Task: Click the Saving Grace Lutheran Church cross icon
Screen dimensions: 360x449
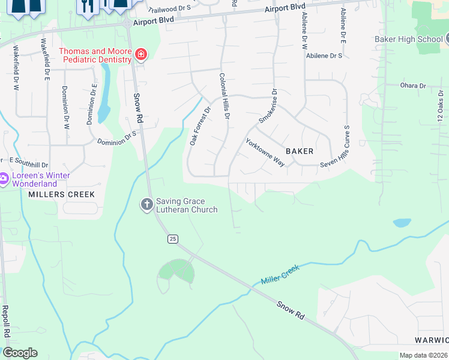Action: click(x=146, y=205)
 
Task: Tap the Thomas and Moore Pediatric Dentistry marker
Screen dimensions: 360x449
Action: click(x=141, y=55)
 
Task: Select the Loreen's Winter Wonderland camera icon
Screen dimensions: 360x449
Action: click(x=3, y=179)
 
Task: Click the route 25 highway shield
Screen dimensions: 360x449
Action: click(x=173, y=239)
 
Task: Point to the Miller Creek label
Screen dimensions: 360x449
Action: click(x=280, y=276)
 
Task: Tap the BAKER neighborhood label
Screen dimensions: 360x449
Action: click(x=300, y=151)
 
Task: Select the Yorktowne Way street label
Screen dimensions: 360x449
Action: click(x=265, y=153)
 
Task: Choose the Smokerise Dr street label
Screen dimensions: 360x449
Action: click(x=268, y=107)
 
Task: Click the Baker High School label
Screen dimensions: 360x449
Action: click(x=409, y=40)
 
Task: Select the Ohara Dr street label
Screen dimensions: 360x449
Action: click(x=412, y=86)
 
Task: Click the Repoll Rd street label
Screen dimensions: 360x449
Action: click(x=5, y=321)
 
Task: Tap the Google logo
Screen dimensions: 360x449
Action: click(x=20, y=353)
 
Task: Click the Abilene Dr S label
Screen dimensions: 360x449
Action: click(x=324, y=55)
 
